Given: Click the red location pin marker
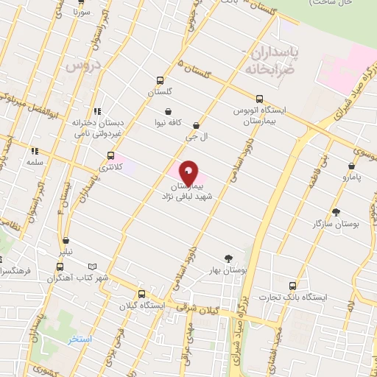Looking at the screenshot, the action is pyautogui.click(x=188, y=174).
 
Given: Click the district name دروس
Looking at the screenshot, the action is pyautogui.click(x=81, y=66).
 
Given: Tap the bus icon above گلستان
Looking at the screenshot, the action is pyautogui.click(x=160, y=81).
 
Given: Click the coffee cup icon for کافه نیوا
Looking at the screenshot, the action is pyautogui.click(x=169, y=112).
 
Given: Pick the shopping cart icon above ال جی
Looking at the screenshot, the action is pyautogui.click(x=196, y=126).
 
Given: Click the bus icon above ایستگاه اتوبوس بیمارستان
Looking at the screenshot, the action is pyautogui.click(x=258, y=98).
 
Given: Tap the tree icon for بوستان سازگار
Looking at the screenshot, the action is pyautogui.click(x=337, y=212).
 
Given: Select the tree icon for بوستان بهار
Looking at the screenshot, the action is pyautogui.click(x=228, y=258).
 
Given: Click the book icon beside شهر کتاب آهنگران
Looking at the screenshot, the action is pyautogui.click(x=92, y=267).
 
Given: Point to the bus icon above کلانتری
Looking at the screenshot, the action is pyautogui.click(x=110, y=156).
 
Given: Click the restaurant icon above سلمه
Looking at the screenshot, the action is pyautogui.click(x=34, y=151).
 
